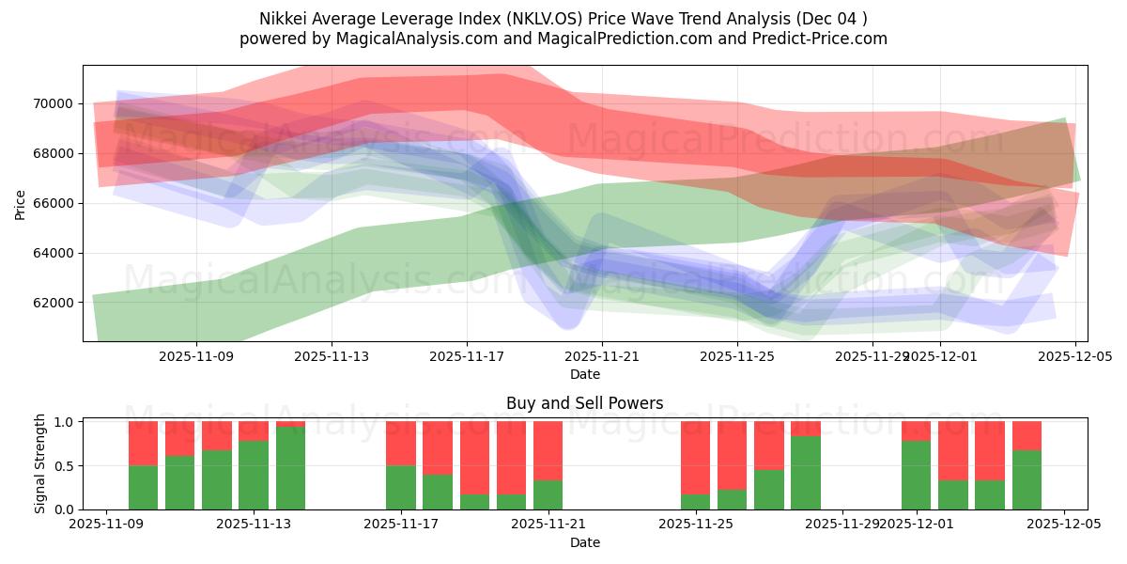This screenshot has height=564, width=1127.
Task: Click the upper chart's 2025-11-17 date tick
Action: point(467,356)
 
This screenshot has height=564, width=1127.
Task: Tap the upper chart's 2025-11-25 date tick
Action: point(737,356)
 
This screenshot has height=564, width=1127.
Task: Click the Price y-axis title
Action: point(21,203)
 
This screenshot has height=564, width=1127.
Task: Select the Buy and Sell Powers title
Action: point(584,403)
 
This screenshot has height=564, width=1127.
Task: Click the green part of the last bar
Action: point(1027,479)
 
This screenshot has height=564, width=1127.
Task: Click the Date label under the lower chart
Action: point(584,542)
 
